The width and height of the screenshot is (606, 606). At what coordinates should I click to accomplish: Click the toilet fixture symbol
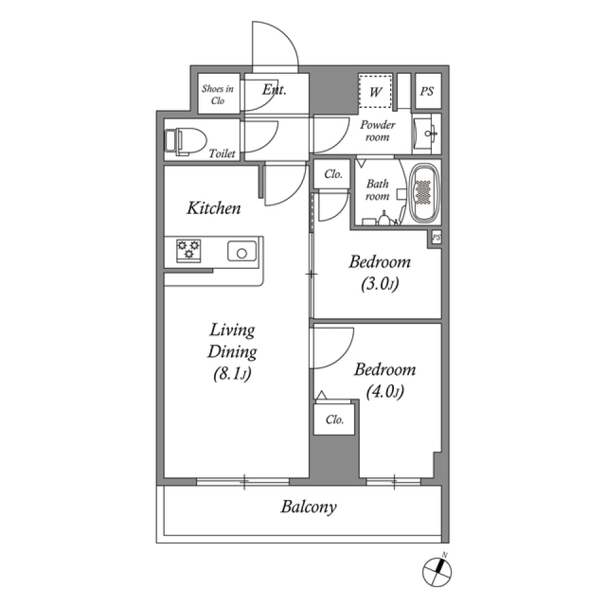[x=186, y=141]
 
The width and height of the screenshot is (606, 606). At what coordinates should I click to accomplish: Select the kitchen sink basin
[x=242, y=252]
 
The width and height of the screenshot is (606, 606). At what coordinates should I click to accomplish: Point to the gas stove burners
[x=189, y=251]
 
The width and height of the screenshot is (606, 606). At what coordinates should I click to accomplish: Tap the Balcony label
[x=309, y=507]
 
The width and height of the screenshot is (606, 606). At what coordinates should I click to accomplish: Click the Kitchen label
[x=214, y=208]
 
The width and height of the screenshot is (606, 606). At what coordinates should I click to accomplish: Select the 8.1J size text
[x=232, y=373]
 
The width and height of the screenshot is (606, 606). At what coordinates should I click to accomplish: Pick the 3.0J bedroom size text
[x=380, y=284]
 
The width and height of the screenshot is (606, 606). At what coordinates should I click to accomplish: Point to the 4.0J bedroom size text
[x=385, y=391]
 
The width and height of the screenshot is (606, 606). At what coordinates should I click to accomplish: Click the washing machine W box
[x=375, y=92]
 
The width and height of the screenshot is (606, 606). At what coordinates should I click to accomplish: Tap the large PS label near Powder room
[x=427, y=91]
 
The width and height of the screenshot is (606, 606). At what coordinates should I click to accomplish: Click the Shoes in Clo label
[x=218, y=95]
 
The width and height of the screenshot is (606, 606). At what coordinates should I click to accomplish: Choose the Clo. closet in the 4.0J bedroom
[x=335, y=419]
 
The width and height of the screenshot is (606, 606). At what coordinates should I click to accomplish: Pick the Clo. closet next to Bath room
[x=333, y=174]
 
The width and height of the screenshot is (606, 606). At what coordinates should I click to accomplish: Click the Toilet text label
[x=222, y=154]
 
